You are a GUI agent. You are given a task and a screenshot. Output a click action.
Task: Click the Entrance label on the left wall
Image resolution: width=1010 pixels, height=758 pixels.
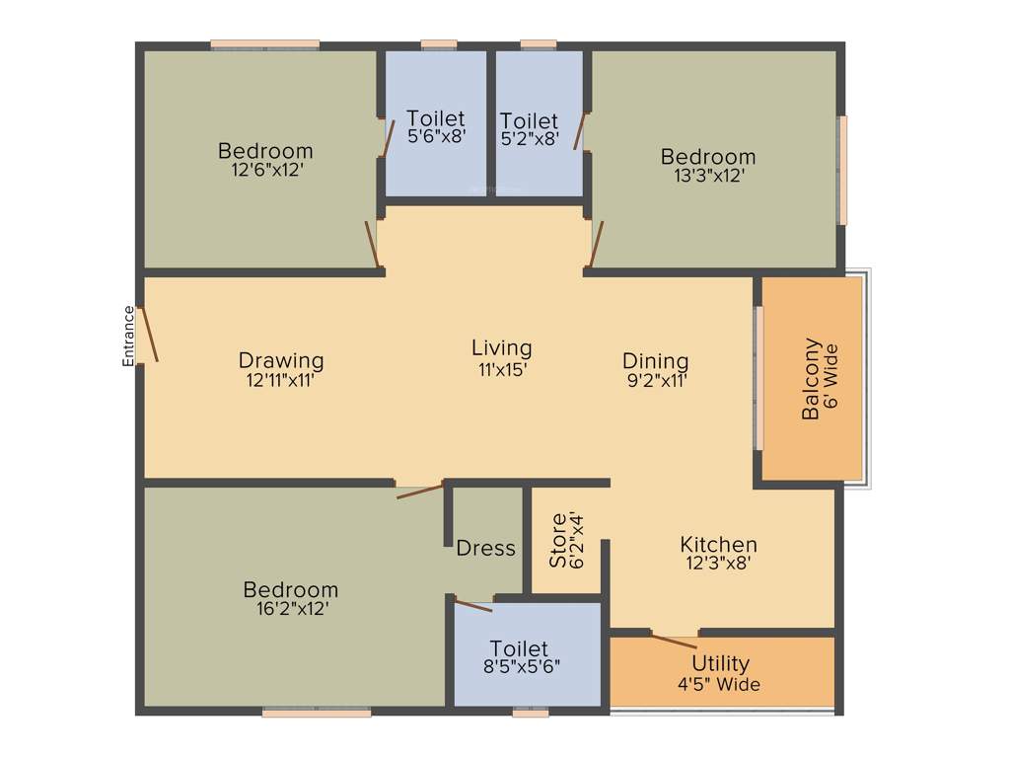[x=128, y=337]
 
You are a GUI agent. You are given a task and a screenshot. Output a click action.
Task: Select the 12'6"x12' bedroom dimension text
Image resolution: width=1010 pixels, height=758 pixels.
[x=265, y=170]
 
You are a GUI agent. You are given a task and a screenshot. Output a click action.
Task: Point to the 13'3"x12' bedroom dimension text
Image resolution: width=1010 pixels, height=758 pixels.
[x=708, y=176]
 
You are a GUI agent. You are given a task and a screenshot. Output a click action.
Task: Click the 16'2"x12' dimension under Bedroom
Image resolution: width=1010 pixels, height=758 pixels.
[x=291, y=609]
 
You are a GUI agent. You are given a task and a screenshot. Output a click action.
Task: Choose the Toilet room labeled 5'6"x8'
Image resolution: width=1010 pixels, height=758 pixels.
[x=435, y=128]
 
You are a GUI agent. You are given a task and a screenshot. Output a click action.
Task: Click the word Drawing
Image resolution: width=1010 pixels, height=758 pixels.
[x=281, y=359]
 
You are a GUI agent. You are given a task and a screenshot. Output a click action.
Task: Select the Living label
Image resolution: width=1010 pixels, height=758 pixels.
[x=501, y=347]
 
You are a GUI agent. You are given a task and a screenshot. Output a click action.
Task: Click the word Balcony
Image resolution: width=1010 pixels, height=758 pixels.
[x=811, y=379]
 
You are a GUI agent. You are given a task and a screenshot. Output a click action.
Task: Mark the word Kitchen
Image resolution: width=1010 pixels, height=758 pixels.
[x=718, y=544]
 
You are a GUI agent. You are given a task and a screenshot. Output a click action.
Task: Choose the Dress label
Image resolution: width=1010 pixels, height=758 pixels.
[x=485, y=548]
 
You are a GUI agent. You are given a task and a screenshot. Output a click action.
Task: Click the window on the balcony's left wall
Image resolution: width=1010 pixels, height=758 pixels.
[x=758, y=379]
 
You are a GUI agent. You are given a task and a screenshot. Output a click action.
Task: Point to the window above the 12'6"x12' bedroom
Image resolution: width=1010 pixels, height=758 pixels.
[x=264, y=43]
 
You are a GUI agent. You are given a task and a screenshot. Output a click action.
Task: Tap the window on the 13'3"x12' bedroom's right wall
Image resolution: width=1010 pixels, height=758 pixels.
[x=843, y=171]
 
